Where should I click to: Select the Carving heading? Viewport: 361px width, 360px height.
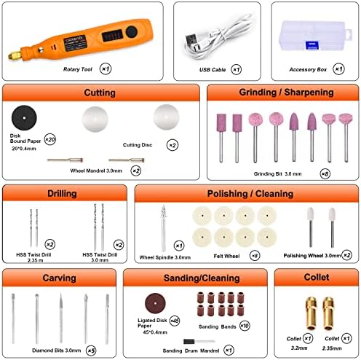point(59,278)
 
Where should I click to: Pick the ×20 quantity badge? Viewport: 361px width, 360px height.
point(50,138)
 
